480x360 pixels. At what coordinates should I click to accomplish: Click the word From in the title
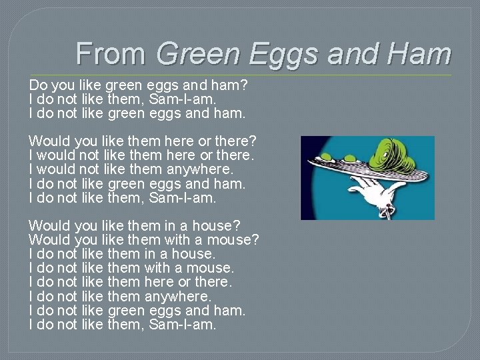coord(112,53)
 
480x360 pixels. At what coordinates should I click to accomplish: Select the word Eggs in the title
coord(291,53)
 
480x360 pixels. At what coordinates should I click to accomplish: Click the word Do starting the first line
coord(37,85)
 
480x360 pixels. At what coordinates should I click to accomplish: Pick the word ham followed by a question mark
coord(233,85)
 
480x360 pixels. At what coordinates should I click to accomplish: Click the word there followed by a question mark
coord(237,141)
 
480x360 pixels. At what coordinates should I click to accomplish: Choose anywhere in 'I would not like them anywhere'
coord(198,169)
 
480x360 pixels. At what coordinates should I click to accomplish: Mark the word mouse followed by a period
coord(209,268)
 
